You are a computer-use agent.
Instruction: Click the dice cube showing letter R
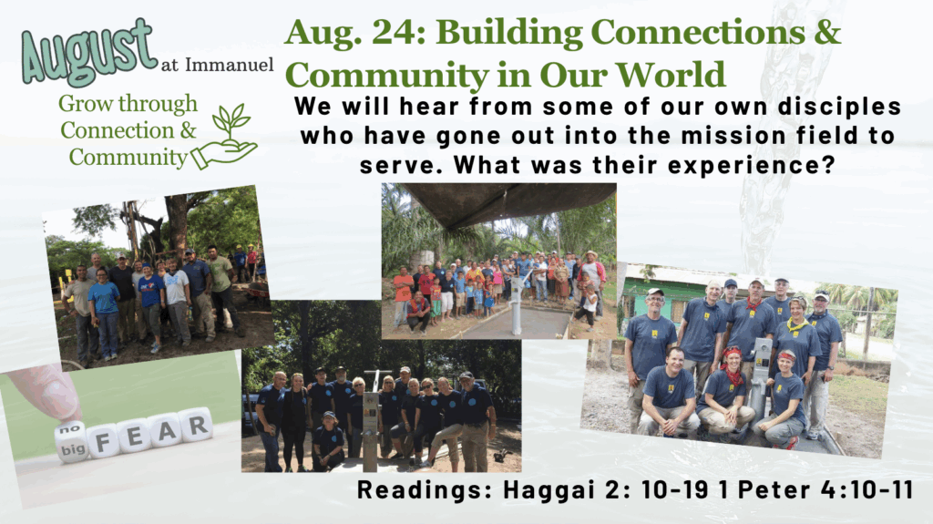pyautogui.click(x=196, y=425)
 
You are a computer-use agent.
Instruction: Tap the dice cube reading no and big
pyautogui.click(x=72, y=442)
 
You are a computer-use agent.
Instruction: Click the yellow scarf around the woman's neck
pyautogui.click(x=796, y=324)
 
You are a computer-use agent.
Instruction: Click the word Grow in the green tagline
pyautogui.click(x=78, y=105)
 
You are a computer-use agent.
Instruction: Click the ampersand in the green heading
pyautogui.click(x=827, y=32)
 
